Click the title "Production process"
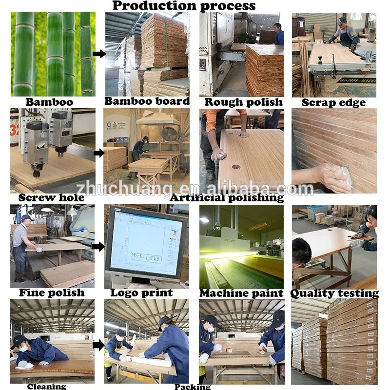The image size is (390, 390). (x=184, y=6)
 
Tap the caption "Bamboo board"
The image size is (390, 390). (x=147, y=101)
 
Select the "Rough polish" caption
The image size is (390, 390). (x=243, y=102)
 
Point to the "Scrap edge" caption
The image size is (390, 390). (x=333, y=102)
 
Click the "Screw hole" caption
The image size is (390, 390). (x=51, y=198)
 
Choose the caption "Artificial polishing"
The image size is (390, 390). (x=227, y=198)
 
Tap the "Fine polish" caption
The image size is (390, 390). (x=52, y=293)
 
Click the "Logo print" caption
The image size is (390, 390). (x=141, y=293)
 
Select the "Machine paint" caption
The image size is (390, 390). (x=241, y=293)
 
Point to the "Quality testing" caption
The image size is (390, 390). (x=334, y=293)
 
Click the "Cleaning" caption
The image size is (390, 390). (x=46, y=386)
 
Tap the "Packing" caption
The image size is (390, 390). (x=193, y=387)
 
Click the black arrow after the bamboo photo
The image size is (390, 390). (x=99, y=54)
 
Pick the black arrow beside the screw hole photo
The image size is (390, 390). (x=99, y=153)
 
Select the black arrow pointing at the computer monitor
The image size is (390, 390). (x=98, y=247)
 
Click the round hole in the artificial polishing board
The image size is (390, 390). (x=236, y=167)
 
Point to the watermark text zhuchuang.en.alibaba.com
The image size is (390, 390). (x=195, y=188)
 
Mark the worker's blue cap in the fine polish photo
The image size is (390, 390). (x=26, y=218)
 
